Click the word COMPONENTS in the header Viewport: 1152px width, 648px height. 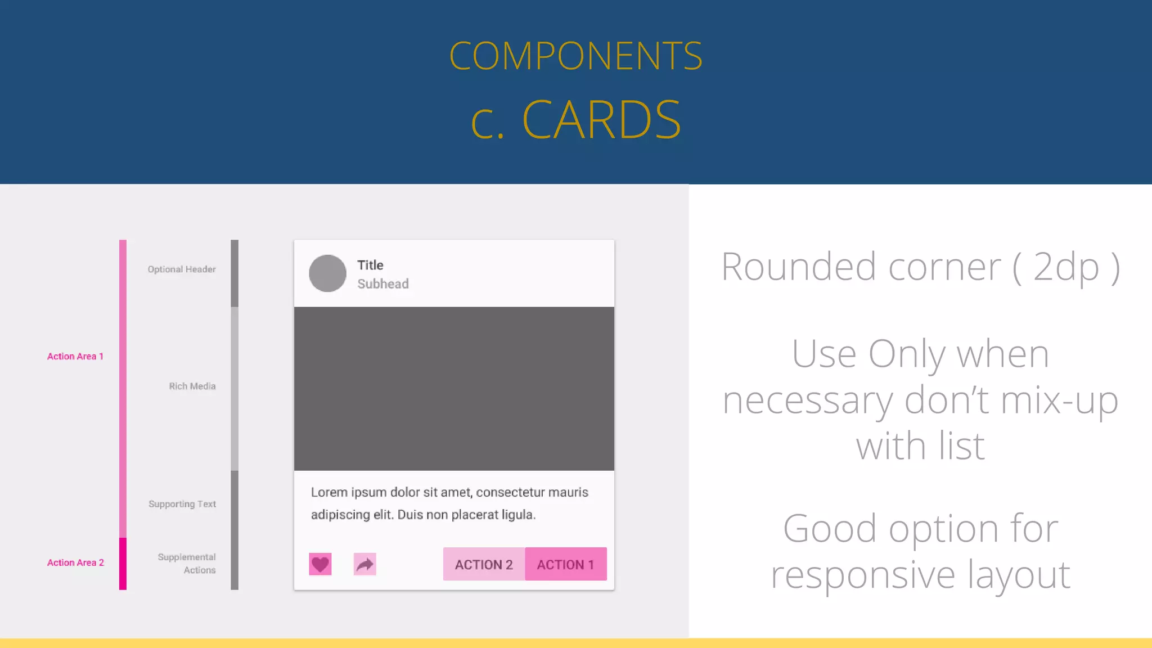click(x=575, y=56)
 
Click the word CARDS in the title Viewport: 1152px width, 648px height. click(x=601, y=119)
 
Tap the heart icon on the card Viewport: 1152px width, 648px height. click(x=320, y=564)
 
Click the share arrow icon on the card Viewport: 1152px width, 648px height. click(x=364, y=564)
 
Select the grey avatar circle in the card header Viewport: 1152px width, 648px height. click(x=327, y=273)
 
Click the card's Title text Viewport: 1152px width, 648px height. click(x=370, y=265)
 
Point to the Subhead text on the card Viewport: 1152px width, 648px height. click(x=383, y=284)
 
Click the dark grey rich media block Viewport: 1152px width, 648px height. click(x=454, y=388)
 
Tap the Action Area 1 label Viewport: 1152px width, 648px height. click(x=75, y=357)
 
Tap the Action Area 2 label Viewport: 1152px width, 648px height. click(x=75, y=562)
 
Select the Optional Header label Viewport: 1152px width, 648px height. click(x=182, y=269)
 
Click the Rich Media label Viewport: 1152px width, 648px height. click(x=192, y=386)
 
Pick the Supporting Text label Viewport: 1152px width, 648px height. click(x=182, y=504)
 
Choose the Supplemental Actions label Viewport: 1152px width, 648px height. click(x=187, y=564)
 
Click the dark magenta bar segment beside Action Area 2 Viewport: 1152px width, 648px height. click(x=123, y=564)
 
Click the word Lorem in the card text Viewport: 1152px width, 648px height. click(x=329, y=493)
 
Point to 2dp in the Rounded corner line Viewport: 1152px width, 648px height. click(x=1066, y=267)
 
